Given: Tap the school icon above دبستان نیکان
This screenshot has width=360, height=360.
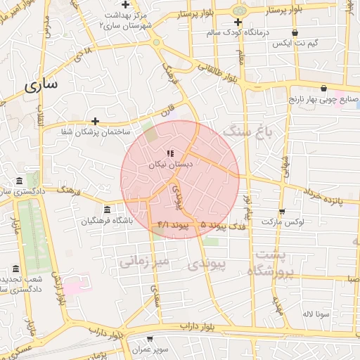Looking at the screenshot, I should (169, 153).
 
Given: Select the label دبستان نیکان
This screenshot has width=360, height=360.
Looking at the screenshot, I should (170, 164).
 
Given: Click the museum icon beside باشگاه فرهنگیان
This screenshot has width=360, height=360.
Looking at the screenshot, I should (106, 210).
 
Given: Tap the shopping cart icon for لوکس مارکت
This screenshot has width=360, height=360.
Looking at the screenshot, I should (282, 211).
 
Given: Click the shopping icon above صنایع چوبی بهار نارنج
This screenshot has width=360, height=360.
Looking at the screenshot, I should (323, 89).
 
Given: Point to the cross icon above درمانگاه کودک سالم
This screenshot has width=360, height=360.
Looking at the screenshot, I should (238, 22).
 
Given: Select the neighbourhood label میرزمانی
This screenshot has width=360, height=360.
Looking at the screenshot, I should (145, 262).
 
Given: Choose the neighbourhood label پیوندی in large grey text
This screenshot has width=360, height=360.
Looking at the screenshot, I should (209, 265).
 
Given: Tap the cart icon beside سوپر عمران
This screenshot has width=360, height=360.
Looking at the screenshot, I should (150, 339).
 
